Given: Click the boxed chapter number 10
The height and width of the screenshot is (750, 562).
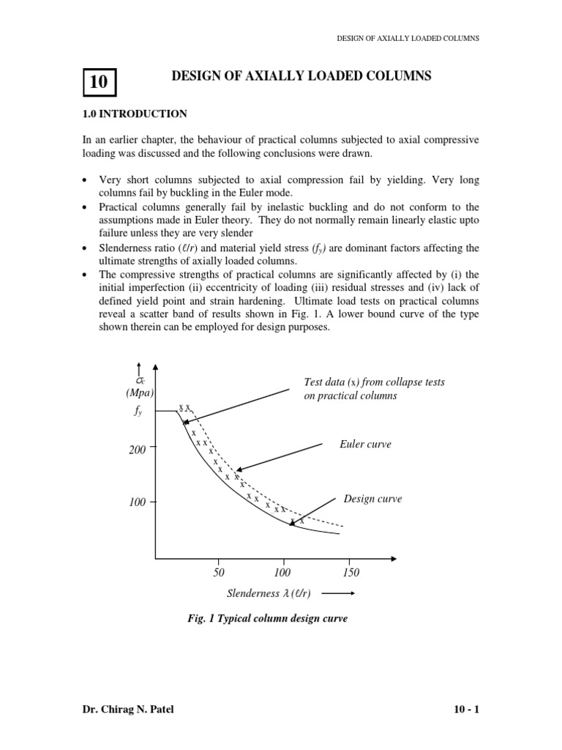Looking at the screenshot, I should pos(99,82).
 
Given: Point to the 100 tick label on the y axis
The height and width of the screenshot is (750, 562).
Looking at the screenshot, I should pos(138,503).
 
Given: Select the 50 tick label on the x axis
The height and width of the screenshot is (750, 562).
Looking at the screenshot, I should pos(218,572).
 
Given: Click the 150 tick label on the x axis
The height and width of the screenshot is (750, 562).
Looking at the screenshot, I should pos(351,572).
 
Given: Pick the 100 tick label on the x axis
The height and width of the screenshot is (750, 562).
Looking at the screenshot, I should pos(282,572).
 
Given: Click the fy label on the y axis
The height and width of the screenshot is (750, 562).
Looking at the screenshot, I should pos(138,412).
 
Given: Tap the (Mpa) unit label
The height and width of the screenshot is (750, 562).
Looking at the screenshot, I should pos(138,393).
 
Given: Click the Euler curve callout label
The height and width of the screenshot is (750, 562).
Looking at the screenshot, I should pos(365,445).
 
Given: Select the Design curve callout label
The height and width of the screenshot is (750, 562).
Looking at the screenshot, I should pos(372,499).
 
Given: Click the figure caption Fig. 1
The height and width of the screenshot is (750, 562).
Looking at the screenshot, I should pos(268,619).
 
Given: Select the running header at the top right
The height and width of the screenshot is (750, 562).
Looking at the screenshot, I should pos(408,38).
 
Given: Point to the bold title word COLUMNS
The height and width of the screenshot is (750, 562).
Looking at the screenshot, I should pos(394,75).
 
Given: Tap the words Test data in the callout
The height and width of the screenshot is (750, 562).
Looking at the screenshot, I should pos(323,382).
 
